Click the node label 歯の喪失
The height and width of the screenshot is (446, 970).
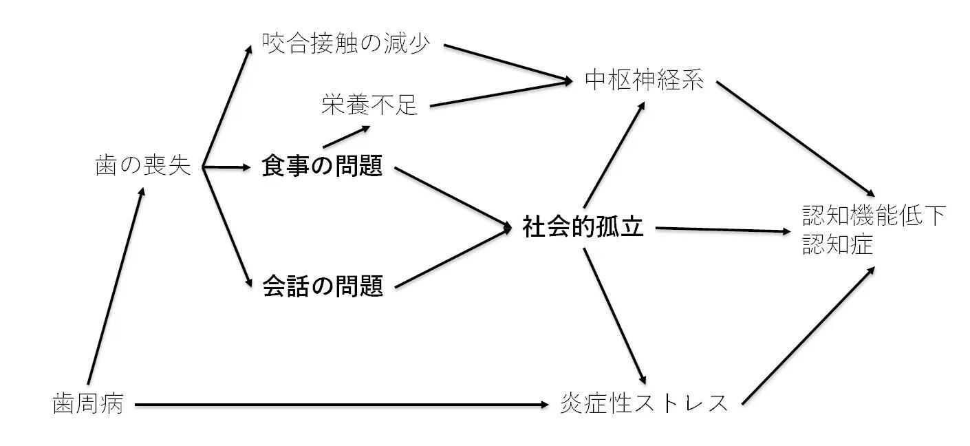click(x=142, y=166)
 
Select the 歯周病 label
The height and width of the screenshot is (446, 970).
click(x=88, y=404)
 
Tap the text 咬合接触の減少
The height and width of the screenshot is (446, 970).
click(x=346, y=44)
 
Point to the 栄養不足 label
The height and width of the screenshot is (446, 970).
click(x=370, y=105)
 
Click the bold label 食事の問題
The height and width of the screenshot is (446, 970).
click(x=322, y=166)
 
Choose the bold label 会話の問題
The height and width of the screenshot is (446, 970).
click(x=322, y=286)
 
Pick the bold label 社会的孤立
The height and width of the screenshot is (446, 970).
click(x=583, y=227)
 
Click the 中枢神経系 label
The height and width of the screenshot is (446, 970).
click(x=645, y=81)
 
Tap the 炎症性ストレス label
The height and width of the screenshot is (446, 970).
click(x=645, y=403)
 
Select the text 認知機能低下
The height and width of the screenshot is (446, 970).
click(x=874, y=215)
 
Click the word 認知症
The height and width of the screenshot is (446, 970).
click(x=838, y=244)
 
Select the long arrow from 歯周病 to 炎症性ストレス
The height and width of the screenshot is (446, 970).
click(x=344, y=405)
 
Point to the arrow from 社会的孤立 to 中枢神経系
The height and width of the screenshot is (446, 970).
click(x=614, y=154)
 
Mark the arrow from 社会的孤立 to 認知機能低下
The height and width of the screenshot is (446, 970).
click(x=722, y=230)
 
